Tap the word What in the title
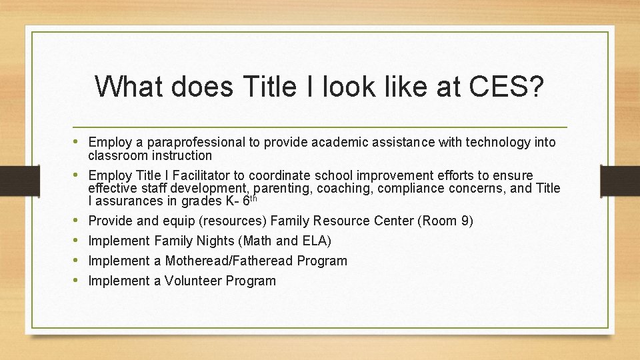pyautogui.click(x=129, y=87)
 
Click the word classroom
pyautogui.click(x=117, y=155)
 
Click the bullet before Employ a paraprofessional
pyautogui.click(x=79, y=142)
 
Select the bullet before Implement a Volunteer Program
pyautogui.click(x=79, y=281)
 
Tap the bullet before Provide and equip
pyautogui.click(x=79, y=221)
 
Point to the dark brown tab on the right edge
pyautogui.click(x=619, y=180)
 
